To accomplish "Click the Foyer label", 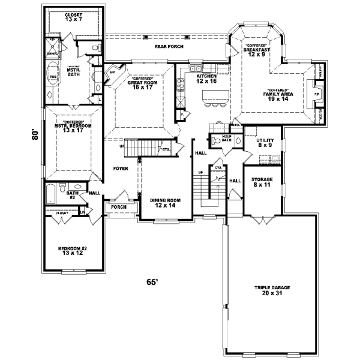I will coord(121,169).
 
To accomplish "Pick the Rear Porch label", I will coord(169,46).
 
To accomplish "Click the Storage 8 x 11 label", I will coord(262,182).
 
